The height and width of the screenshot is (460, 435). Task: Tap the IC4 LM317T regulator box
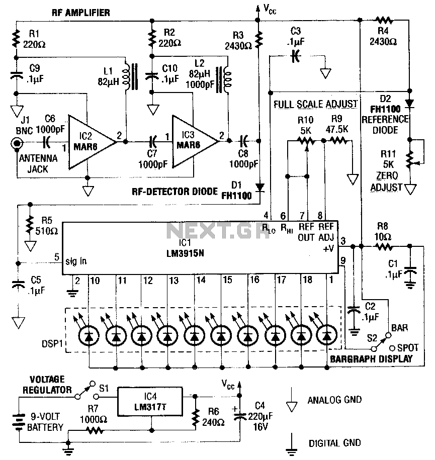tap(150, 401)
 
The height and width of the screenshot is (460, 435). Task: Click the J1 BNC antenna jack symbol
tap(17, 143)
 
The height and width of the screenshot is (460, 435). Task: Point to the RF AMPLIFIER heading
tap(81, 13)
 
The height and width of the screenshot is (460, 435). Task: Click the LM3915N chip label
tap(185, 253)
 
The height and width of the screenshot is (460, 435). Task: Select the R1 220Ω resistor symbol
tap(16, 38)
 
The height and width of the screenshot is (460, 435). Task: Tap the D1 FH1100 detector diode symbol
tap(259, 187)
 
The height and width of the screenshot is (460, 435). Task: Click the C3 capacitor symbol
tap(296, 56)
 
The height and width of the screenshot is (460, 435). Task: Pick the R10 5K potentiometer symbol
tap(306, 142)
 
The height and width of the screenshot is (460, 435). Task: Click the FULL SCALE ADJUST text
tap(315, 104)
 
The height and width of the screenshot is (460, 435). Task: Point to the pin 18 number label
tap(307, 280)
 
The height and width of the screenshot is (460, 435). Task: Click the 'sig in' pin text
tap(76, 261)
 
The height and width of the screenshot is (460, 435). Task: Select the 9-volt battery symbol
tap(19, 422)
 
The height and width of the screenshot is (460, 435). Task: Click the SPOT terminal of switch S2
tap(392, 348)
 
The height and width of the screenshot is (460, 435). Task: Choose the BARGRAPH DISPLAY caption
tap(371, 359)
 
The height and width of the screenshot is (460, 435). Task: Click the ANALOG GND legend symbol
tap(291, 401)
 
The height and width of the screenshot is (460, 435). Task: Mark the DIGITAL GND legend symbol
tap(291, 445)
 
